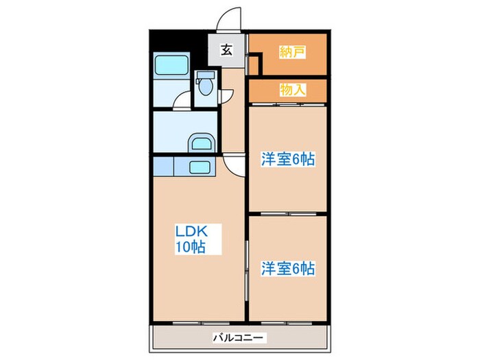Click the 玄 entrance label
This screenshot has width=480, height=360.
pyautogui.click(x=225, y=50)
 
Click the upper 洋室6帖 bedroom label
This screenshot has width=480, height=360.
pyautogui.click(x=287, y=159)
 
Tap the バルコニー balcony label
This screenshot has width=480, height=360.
pyautogui.click(x=239, y=337)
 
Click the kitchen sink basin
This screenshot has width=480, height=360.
pyautogui.click(x=200, y=167)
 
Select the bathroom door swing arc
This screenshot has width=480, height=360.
pyautogui.click(x=182, y=101)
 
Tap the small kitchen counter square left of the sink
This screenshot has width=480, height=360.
pyautogui.click(x=163, y=167)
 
